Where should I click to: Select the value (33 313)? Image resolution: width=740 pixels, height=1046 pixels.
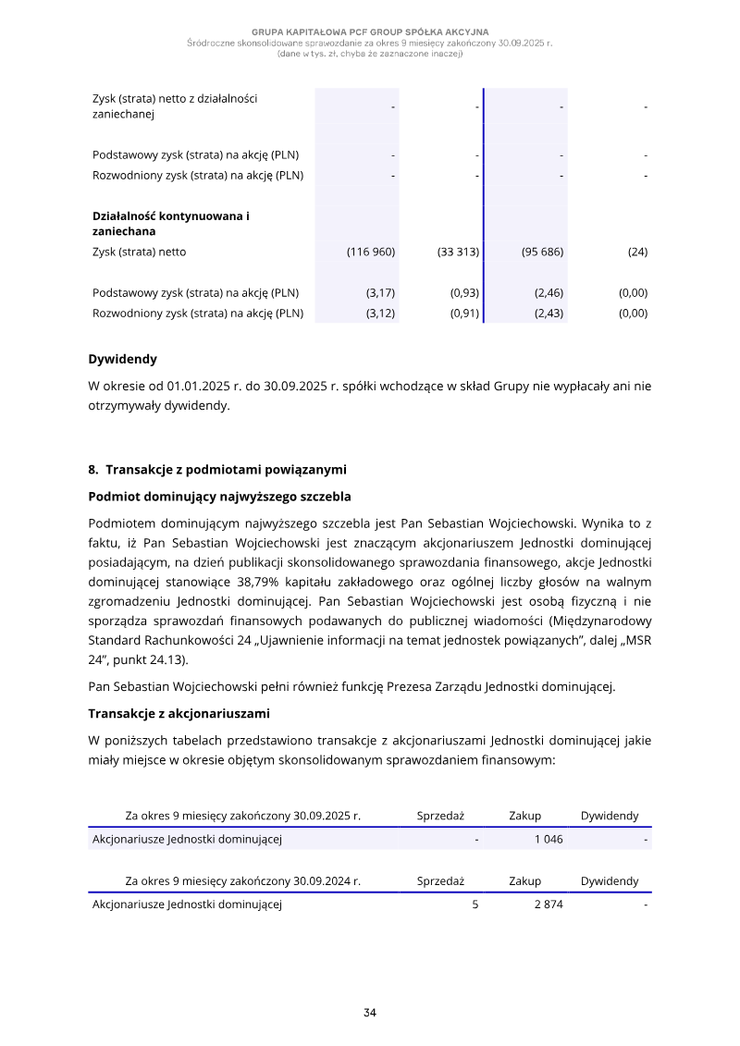click(458, 252)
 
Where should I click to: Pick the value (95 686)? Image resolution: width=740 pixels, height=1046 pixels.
click(542, 252)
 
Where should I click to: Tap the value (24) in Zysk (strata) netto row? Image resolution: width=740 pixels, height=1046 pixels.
click(637, 252)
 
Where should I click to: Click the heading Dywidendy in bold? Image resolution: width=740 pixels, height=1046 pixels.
click(122, 359)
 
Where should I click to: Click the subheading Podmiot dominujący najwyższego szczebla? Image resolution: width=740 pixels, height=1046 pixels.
click(219, 497)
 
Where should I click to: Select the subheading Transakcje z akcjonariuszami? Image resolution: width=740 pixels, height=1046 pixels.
click(179, 713)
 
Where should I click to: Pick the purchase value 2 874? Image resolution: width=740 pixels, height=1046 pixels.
click(549, 904)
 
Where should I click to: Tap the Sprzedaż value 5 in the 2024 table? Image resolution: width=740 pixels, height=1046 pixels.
click(475, 904)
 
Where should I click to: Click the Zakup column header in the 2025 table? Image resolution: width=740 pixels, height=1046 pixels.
click(524, 816)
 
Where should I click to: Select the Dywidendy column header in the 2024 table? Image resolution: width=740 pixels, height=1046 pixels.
click(609, 881)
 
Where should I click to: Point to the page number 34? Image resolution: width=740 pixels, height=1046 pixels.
click(370, 1013)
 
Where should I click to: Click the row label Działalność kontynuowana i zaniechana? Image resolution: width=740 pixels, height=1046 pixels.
click(171, 224)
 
